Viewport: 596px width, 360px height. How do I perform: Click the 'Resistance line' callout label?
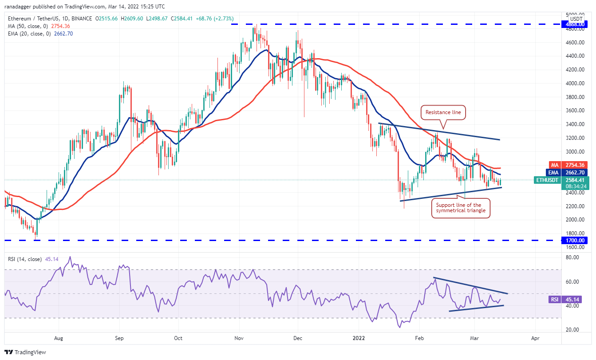point(443,113)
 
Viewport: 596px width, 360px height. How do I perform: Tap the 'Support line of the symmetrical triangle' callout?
point(461,209)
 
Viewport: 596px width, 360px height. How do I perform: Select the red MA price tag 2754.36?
point(576,165)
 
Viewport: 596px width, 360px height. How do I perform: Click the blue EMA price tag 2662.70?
point(576,173)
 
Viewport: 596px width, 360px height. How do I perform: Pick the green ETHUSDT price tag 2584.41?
point(576,180)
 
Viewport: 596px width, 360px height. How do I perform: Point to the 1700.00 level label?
point(575,241)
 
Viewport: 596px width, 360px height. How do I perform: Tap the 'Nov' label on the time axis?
point(239,338)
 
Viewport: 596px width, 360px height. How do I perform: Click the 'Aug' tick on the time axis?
point(58,338)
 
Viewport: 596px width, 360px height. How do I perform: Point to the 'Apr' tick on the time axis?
point(535,338)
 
